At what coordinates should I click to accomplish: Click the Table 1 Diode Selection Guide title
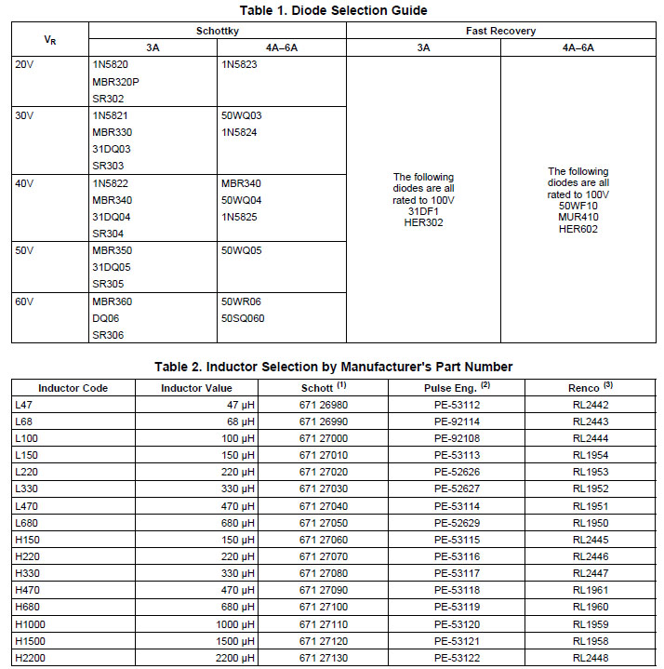point(334,10)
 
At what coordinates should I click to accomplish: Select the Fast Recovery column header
point(500,31)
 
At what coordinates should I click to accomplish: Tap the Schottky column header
point(217,31)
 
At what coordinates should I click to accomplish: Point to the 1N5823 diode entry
point(239,64)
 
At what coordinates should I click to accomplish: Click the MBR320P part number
point(116,81)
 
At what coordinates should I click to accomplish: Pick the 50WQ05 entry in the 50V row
point(242,250)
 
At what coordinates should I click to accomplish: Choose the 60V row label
point(25,301)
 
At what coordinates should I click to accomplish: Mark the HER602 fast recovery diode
point(578,229)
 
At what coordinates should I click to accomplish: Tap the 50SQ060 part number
point(243,318)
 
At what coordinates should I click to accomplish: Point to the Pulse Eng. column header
point(454,387)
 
